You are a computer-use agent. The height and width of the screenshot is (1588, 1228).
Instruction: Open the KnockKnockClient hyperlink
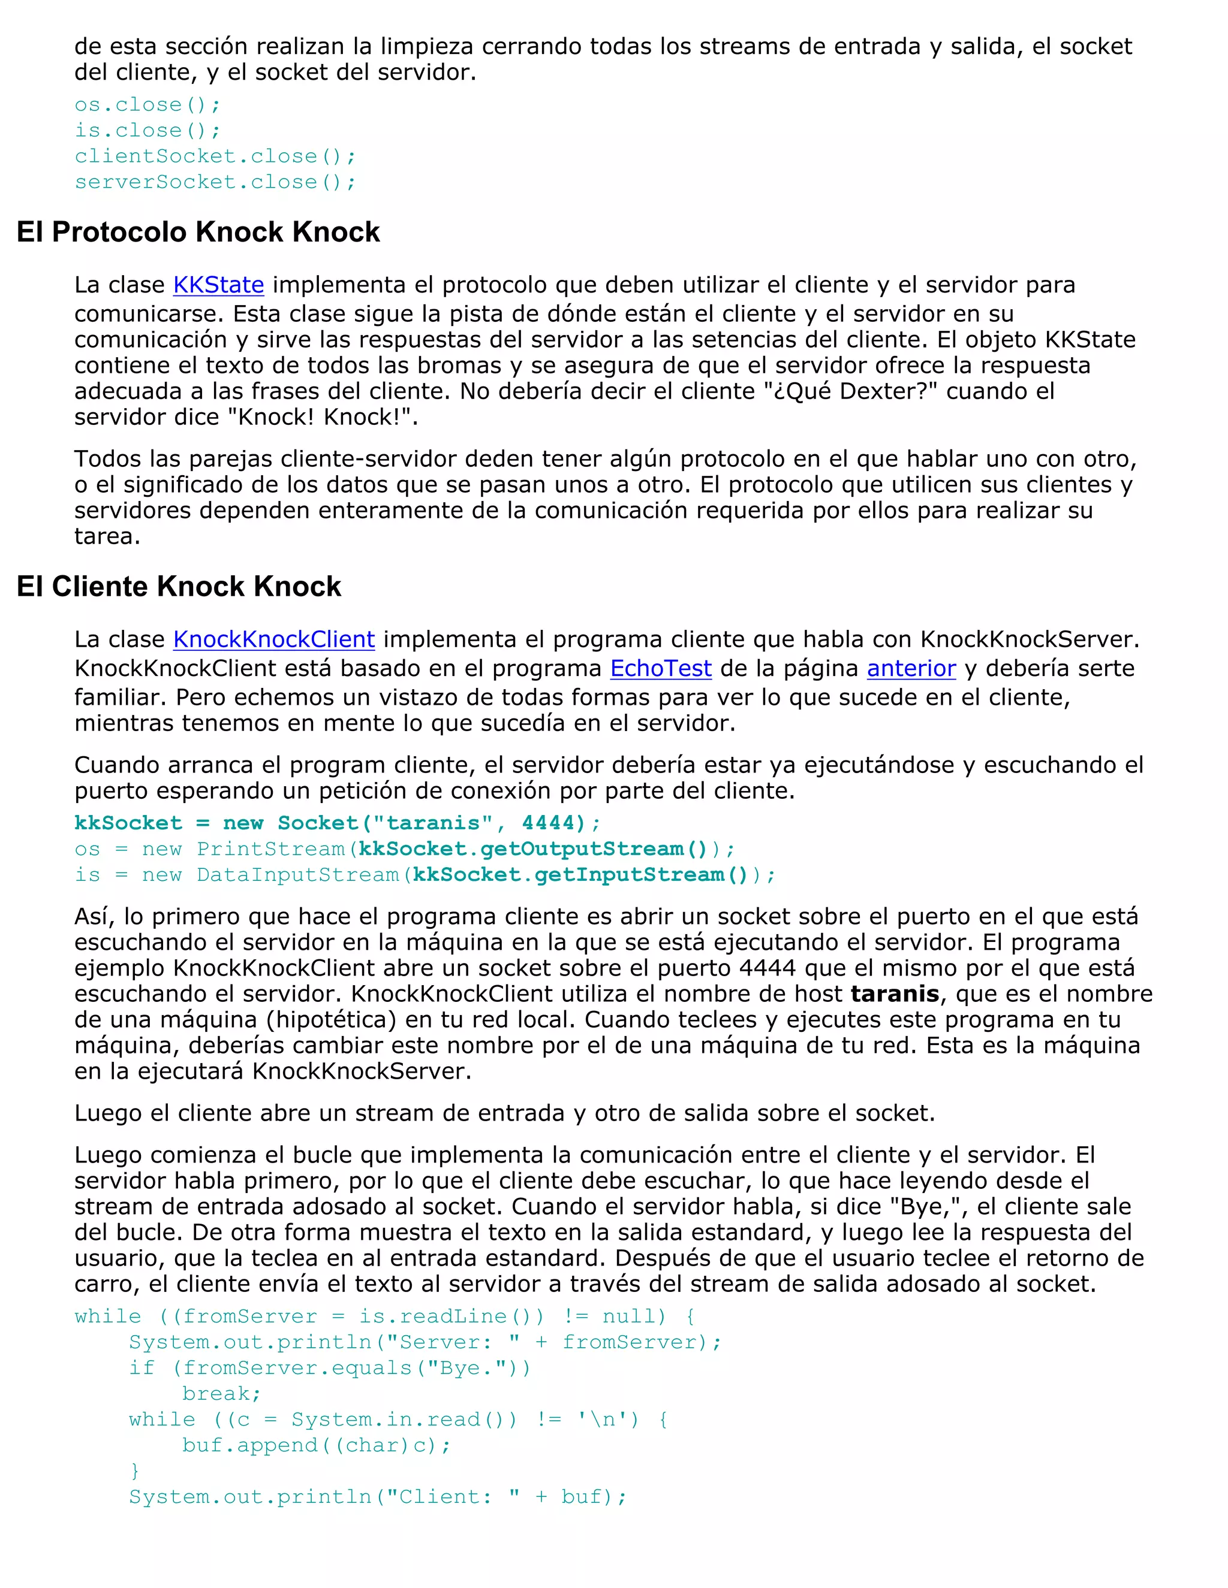click(273, 639)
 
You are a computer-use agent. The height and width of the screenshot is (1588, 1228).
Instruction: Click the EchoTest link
click(661, 668)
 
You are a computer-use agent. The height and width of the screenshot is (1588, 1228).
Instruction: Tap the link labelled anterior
click(911, 668)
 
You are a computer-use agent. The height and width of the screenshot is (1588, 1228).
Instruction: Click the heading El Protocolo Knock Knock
click(198, 232)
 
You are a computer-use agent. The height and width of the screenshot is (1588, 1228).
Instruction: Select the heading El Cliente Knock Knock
click(179, 587)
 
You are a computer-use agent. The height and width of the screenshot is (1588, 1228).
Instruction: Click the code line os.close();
click(147, 105)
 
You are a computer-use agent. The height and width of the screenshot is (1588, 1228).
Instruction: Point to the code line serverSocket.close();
click(215, 182)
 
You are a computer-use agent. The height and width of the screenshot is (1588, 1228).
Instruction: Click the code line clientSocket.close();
click(215, 156)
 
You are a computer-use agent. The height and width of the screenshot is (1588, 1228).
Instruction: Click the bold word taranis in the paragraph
click(895, 994)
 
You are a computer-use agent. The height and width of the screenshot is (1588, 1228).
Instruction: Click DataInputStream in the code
click(298, 875)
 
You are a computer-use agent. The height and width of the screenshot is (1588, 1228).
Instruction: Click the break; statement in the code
click(221, 1394)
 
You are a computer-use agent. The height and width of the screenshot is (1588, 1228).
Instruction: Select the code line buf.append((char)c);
click(317, 1445)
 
